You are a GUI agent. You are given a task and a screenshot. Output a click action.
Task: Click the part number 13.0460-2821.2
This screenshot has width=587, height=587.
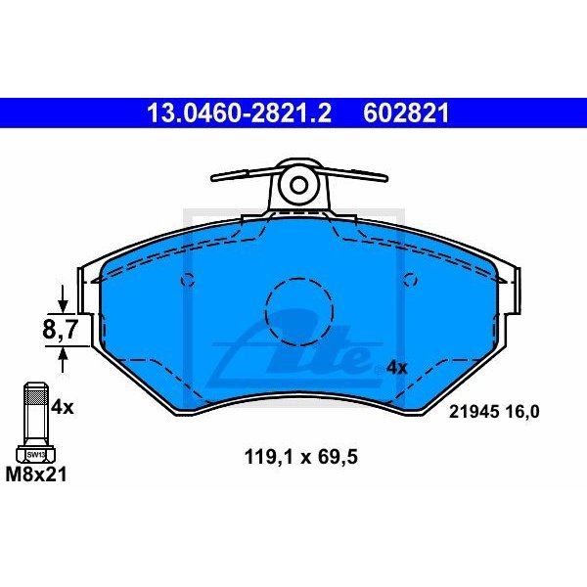pyautogui.click(x=239, y=113)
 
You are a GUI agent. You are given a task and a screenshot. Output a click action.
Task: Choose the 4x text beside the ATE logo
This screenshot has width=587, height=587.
pyautogui.click(x=396, y=368)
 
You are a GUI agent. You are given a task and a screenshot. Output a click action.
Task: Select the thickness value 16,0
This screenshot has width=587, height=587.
pyautogui.click(x=523, y=412)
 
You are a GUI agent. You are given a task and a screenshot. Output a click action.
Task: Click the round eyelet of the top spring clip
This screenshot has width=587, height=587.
pyautogui.click(x=298, y=184)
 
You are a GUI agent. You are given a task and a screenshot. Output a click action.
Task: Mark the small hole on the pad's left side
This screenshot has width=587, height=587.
pyautogui.click(x=186, y=282)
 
